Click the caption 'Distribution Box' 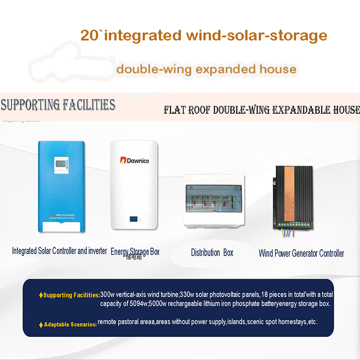point(212,253)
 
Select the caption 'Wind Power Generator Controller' point(301,253)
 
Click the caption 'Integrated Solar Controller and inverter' point(59,251)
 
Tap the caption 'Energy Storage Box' point(135,252)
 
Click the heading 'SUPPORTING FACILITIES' point(58,105)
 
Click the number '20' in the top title point(90,36)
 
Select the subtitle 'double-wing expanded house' point(206,69)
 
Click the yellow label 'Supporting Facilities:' point(72,295)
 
